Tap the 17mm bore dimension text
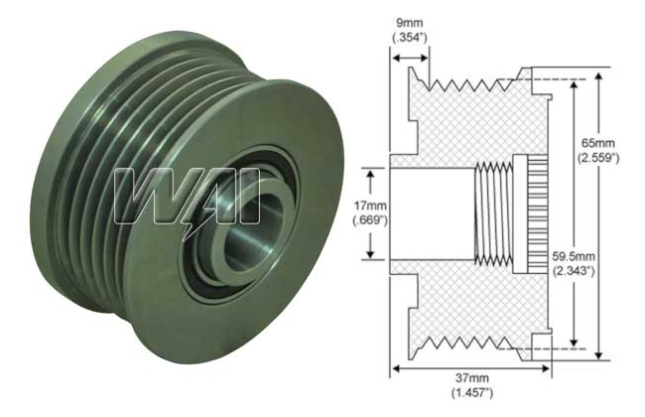[368, 206]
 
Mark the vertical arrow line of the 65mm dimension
[599, 109]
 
